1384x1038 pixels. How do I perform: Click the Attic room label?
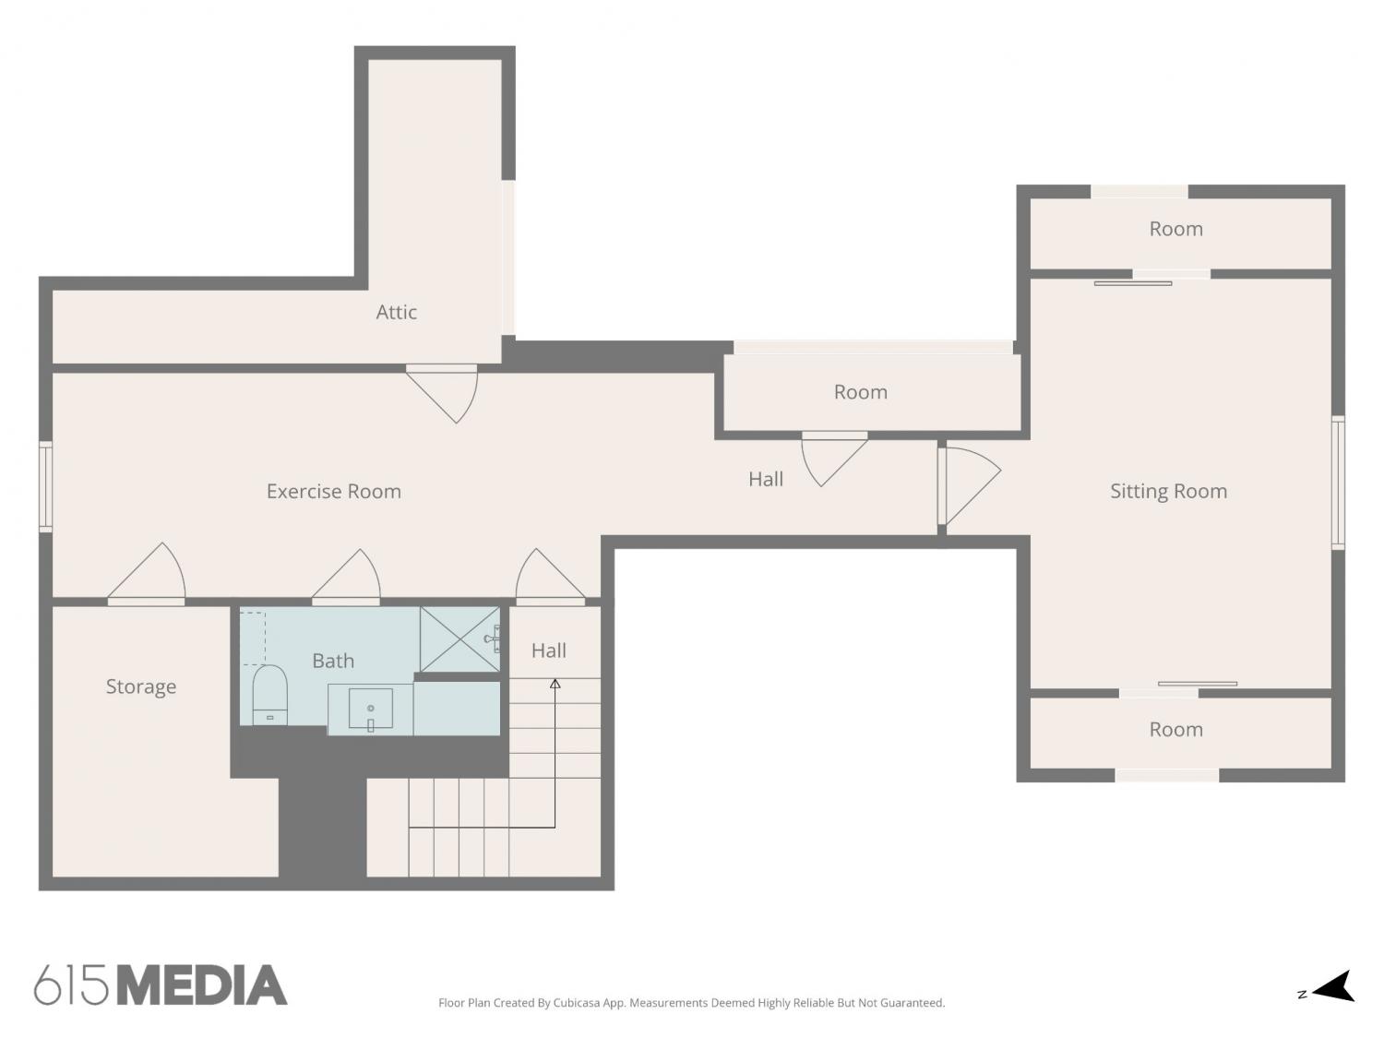(396, 312)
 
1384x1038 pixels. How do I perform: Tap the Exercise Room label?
(334, 491)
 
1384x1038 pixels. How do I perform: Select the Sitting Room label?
(1168, 492)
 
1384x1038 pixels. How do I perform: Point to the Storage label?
(140, 686)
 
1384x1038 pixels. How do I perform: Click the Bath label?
(333, 661)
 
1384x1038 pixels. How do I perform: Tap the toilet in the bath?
(269, 695)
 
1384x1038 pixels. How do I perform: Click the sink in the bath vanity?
(371, 709)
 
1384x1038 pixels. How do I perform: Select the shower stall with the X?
(460, 639)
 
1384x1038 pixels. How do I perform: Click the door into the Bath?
(346, 577)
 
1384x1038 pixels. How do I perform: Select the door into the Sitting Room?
(968, 485)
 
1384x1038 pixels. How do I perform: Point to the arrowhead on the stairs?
(555, 684)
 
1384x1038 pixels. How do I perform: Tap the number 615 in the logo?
(71, 985)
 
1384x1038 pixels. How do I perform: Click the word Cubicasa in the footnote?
(577, 1003)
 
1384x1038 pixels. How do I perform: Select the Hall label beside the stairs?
(549, 650)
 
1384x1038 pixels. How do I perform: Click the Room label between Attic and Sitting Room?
(861, 392)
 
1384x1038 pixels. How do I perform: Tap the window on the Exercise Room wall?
(45, 486)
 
